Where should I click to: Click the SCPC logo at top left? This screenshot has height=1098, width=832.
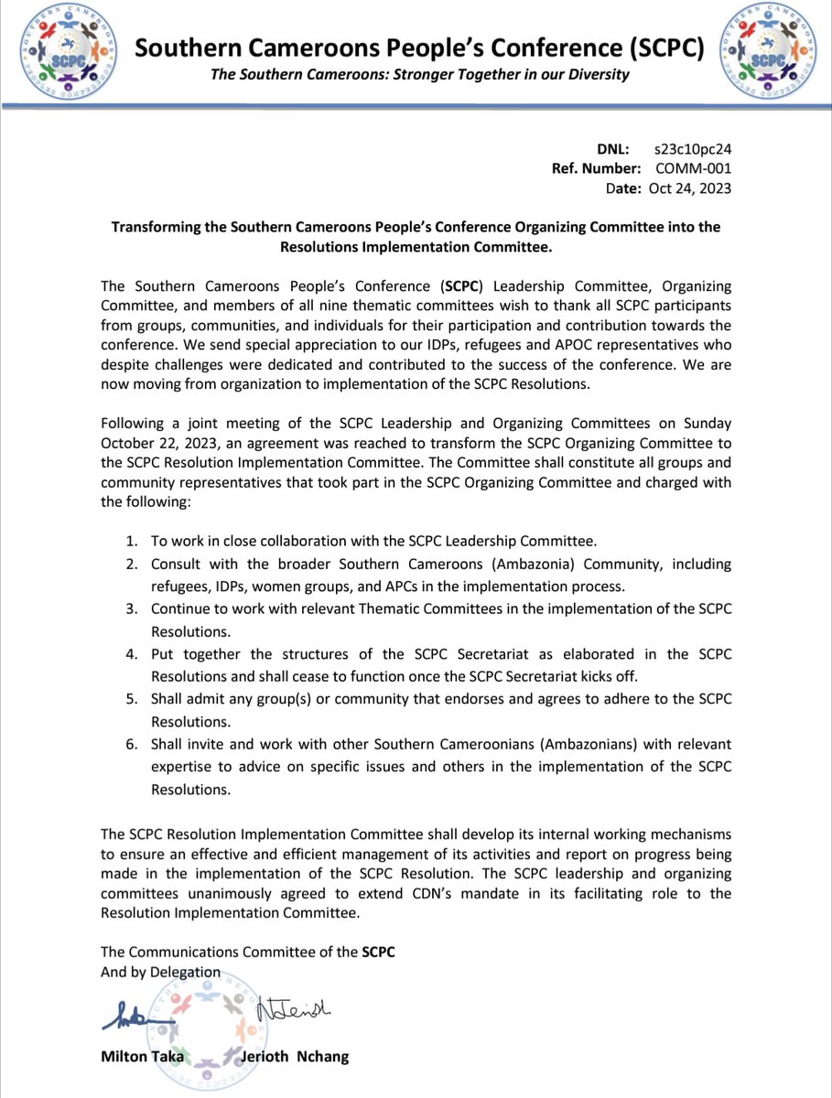(63, 50)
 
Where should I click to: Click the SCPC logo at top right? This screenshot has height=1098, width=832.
(768, 50)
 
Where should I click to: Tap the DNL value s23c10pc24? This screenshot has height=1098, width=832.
(692, 148)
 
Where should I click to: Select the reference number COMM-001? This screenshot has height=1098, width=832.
(694, 168)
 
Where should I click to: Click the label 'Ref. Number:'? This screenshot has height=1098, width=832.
(596, 168)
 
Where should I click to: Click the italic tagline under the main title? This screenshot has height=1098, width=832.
(420, 74)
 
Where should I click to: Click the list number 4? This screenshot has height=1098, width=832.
(132, 653)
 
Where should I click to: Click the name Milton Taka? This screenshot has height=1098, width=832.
(141, 1057)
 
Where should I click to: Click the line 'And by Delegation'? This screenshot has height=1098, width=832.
(160, 971)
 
